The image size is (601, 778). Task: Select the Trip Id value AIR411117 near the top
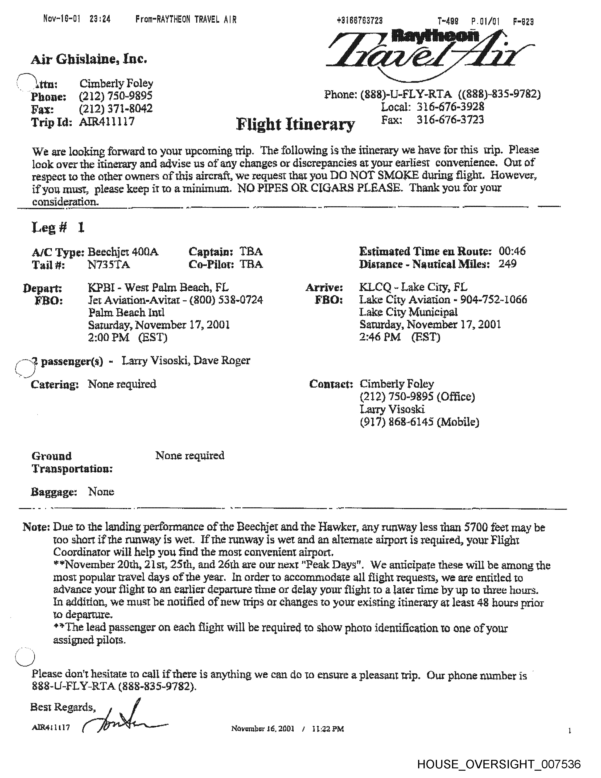[x=107, y=122]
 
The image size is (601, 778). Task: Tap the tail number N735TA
[x=109, y=265]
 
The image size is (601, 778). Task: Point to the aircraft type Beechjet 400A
[x=123, y=252]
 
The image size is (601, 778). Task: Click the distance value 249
[x=507, y=264]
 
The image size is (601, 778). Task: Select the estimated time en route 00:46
[x=512, y=252]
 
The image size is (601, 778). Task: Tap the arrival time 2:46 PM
[x=380, y=337]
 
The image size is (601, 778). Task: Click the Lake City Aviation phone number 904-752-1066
[x=494, y=300]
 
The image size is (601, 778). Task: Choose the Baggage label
[x=54, y=492]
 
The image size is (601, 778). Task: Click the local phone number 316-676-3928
[x=450, y=107]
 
